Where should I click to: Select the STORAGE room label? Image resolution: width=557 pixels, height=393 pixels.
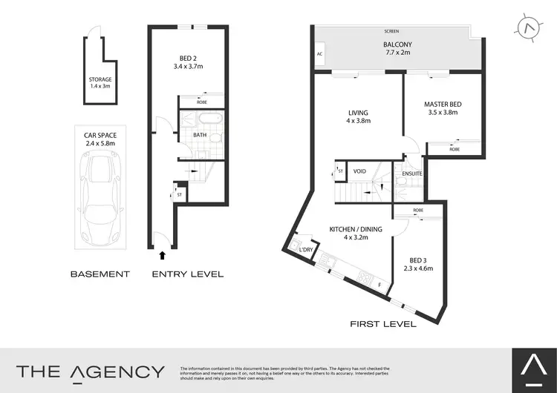(x=100, y=79)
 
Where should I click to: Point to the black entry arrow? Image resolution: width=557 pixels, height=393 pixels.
(x=163, y=256)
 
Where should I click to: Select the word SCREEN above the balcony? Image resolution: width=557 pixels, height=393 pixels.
(x=391, y=31)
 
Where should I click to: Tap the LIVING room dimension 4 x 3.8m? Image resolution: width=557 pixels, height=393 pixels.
(x=357, y=121)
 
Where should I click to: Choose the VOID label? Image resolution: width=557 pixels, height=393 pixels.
(x=360, y=171)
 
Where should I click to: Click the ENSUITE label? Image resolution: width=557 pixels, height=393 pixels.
(x=412, y=174)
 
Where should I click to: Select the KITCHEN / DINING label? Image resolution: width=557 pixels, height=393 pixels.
(x=356, y=230)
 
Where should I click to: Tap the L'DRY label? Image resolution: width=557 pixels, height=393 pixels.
(x=306, y=251)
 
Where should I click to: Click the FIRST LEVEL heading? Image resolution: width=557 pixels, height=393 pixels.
(x=382, y=324)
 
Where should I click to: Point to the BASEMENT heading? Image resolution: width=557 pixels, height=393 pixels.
(x=100, y=274)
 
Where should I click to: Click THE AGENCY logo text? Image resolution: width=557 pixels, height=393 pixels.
(x=91, y=371)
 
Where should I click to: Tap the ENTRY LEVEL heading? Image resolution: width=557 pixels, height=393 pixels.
(x=187, y=274)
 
